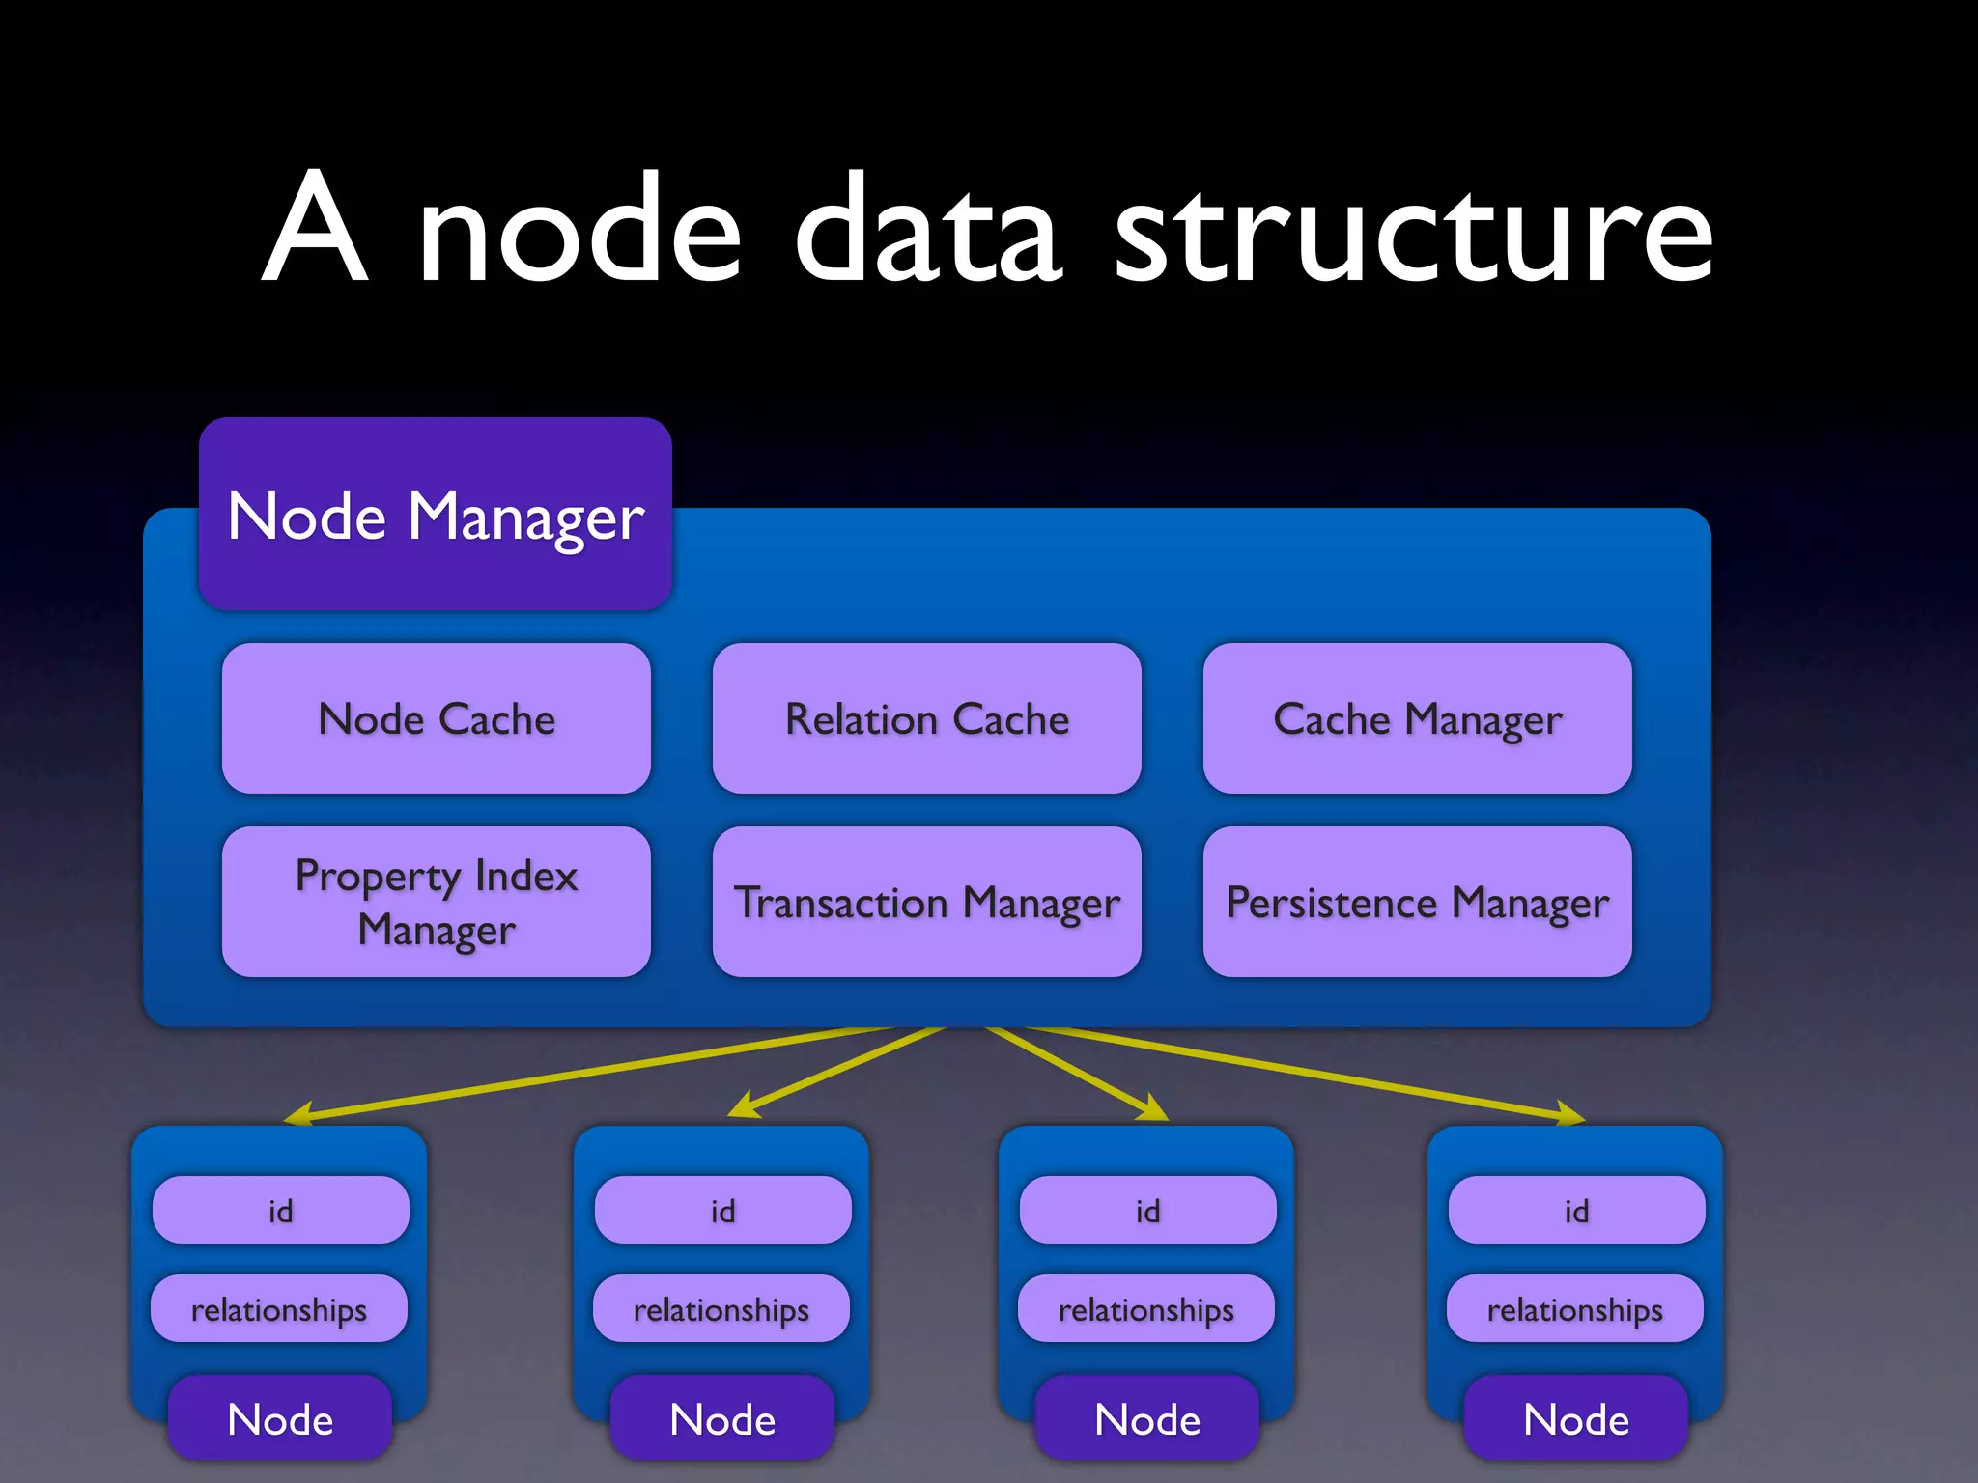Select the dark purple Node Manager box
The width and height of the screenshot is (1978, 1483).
tap(435, 514)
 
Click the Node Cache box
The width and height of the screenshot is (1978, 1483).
tap(437, 718)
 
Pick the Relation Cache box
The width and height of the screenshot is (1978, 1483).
tap(927, 718)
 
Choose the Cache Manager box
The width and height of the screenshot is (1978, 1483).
tap(1417, 718)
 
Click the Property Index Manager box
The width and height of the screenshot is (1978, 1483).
tap(437, 902)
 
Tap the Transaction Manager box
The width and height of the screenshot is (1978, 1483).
tap(927, 902)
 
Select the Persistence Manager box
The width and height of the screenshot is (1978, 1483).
tap(1417, 902)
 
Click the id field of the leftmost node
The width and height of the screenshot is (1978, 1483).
tap(280, 1210)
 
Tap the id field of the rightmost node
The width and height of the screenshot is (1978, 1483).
tap(1576, 1210)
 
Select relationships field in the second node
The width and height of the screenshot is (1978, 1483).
tap(721, 1309)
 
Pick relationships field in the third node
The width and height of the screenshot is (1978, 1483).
tap(1146, 1309)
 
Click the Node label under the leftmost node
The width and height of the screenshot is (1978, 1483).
tap(280, 1418)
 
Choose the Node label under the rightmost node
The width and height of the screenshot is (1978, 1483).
tap(1576, 1418)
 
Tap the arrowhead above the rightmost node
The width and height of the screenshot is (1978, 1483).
tap(1568, 1114)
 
